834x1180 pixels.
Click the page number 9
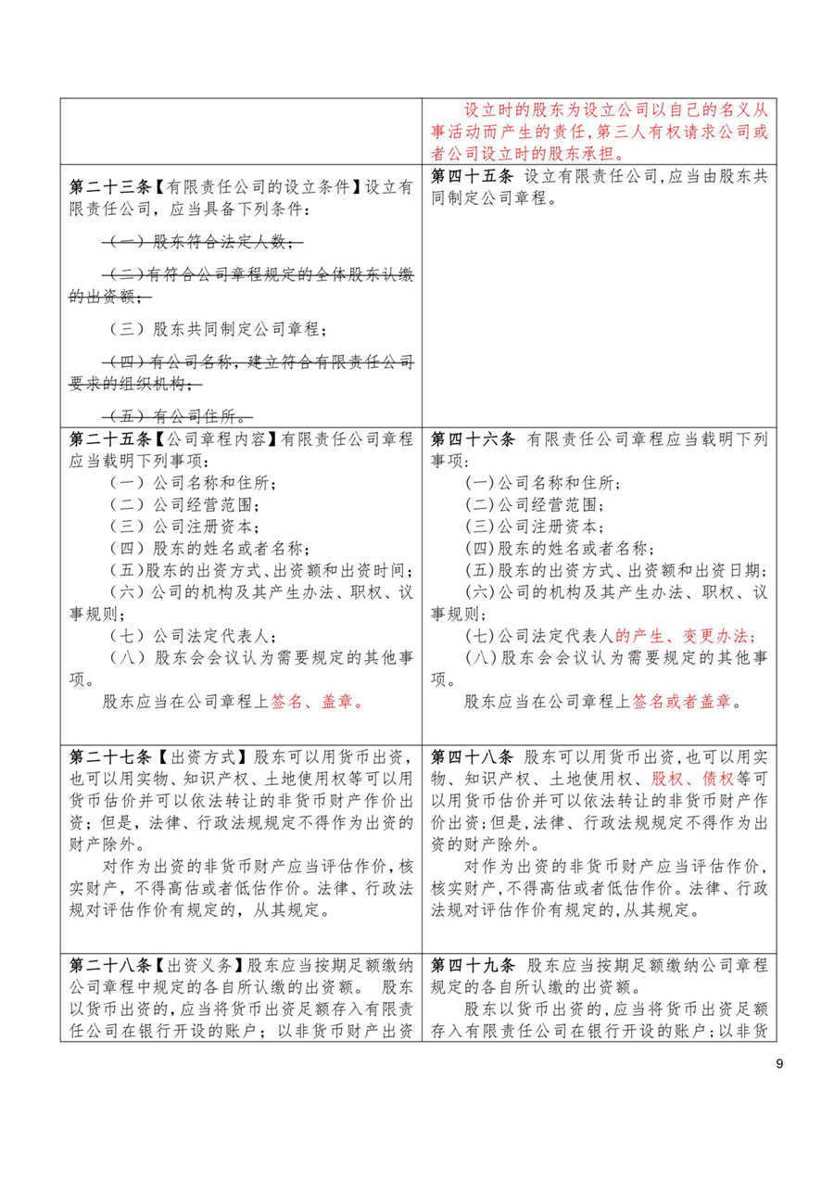click(x=779, y=1063)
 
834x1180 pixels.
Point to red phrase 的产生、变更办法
click(x=685, y=636)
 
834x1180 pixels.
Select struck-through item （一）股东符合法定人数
click(x=201, y=243)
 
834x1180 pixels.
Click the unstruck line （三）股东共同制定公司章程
click(x=217, y=329)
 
